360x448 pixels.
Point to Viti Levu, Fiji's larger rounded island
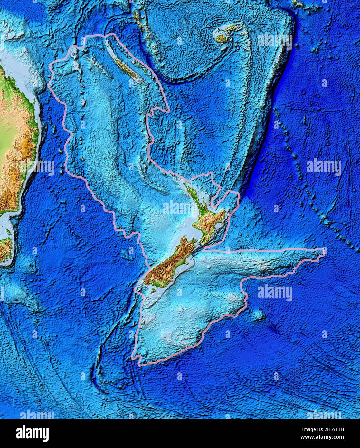[x=221, y=38]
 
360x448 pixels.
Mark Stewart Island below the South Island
[x=154, y=291]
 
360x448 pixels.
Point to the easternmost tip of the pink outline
[x=325, y=250]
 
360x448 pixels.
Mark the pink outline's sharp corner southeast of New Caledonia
[x=169, y=112]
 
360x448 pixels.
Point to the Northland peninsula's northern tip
[x=184, y=184]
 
